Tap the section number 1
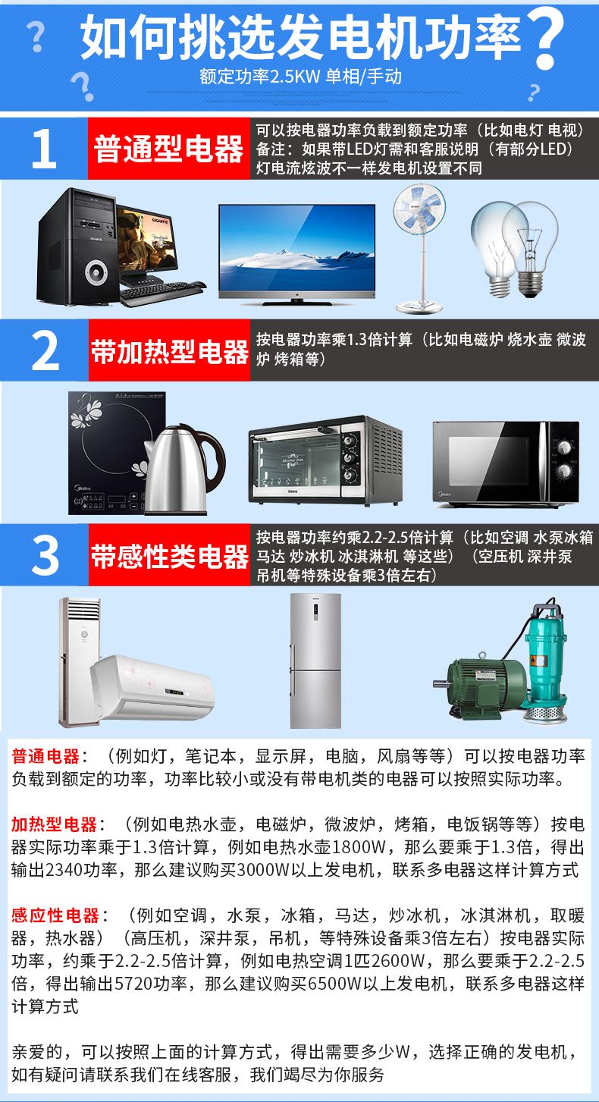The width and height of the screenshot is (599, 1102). click(44, 149)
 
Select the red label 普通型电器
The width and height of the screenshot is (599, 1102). click(168, 149)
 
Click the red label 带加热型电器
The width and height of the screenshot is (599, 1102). click(169, 351)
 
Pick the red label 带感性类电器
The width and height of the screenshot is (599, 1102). click(169, 556)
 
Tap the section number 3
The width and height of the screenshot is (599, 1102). click(45, 555)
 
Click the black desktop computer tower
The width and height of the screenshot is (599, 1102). click(77, 246)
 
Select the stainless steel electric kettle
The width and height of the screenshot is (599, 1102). click(184, 469)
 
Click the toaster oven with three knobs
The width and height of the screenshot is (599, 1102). click(325, 460)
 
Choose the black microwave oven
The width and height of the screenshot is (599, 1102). click(506, 463)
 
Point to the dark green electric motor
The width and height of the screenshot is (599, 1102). click(479, 686)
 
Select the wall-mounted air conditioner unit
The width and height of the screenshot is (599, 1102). click(152, 686)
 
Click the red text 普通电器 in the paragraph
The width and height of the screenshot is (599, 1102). click(45, 756)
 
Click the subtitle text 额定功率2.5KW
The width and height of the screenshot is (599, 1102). click(259, 77)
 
